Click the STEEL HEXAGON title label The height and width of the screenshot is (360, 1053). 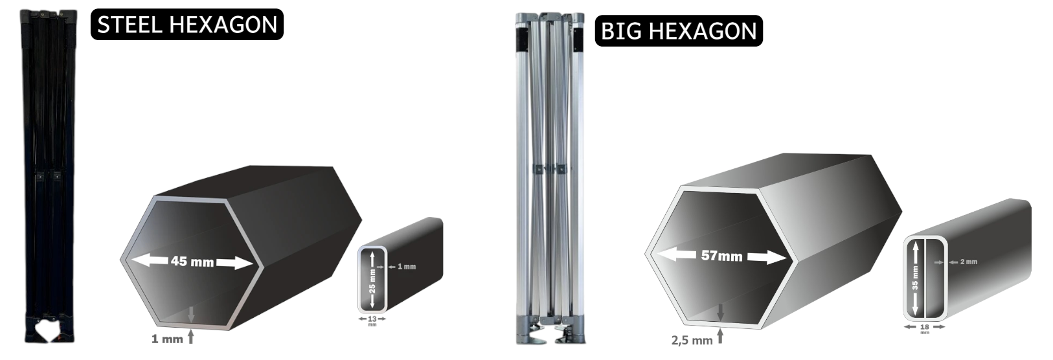pos(187,25)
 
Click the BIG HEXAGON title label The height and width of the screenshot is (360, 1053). pos(678,31)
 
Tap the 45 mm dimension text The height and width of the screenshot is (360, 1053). pos(192,262)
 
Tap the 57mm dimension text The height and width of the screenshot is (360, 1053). pos(721,256)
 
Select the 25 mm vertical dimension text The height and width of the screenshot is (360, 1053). pos(372,281)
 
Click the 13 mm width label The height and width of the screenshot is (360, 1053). pos(372,321)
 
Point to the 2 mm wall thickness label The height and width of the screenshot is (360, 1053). pos(969,262)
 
